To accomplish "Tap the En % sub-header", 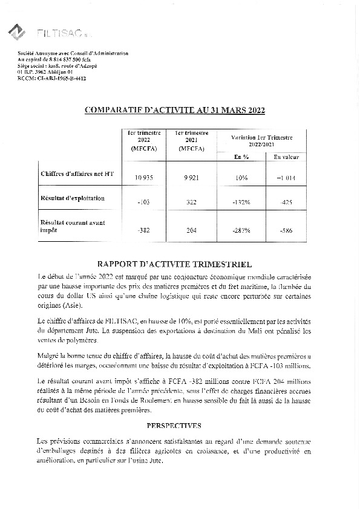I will coord(241,157).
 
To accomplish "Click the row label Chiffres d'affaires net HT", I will coord(77,174).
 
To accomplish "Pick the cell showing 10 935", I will coord(143,178).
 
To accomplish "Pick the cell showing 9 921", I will coord(191,178).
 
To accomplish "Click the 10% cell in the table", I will coord(241,178).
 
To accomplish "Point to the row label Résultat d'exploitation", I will coord(73,198).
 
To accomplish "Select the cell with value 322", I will coord(191,203).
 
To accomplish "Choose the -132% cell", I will coord(241,203).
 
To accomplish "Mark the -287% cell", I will coord(241,230).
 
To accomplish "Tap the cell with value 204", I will coord(191,230).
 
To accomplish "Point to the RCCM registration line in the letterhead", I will coord(52,79).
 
